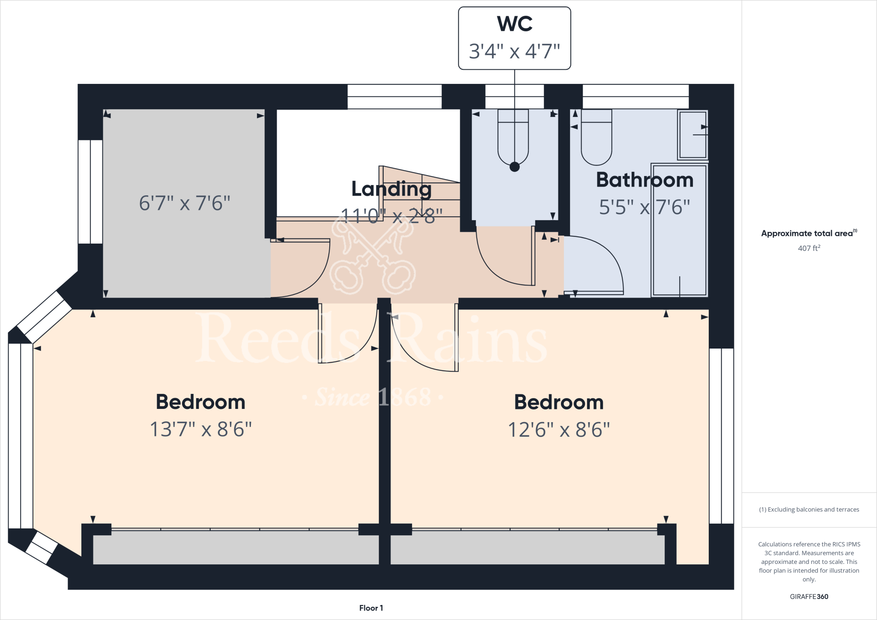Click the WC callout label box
coord(514,38)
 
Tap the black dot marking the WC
coord(514,167)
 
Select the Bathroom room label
coord(644,180)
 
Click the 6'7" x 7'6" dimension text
coord(185,203)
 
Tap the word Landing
coord(391,189)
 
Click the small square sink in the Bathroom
coord(692,135)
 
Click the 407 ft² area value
coord(809,248)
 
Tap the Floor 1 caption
coord(371,608)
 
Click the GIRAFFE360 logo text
coord(809,596)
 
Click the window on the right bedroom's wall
coord(722,436)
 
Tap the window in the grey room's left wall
coord(90,192)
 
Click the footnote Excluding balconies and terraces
coord(809,510)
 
